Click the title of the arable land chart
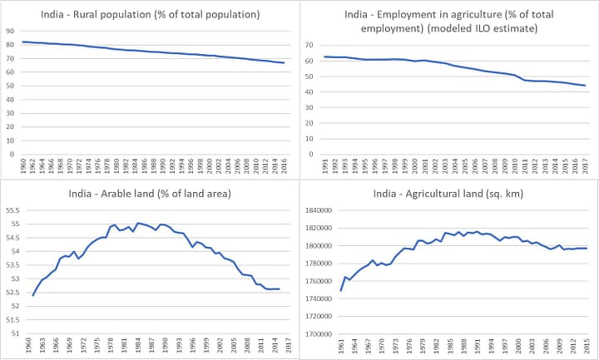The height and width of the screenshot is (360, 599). tap(151, 194)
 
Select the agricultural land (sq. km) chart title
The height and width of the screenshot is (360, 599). tap(451, 194)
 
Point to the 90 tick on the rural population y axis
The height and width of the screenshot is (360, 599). tap(10, 32)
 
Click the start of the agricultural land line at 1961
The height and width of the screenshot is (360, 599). tap(341, 290)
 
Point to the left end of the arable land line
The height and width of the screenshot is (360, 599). tap(32, 295)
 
